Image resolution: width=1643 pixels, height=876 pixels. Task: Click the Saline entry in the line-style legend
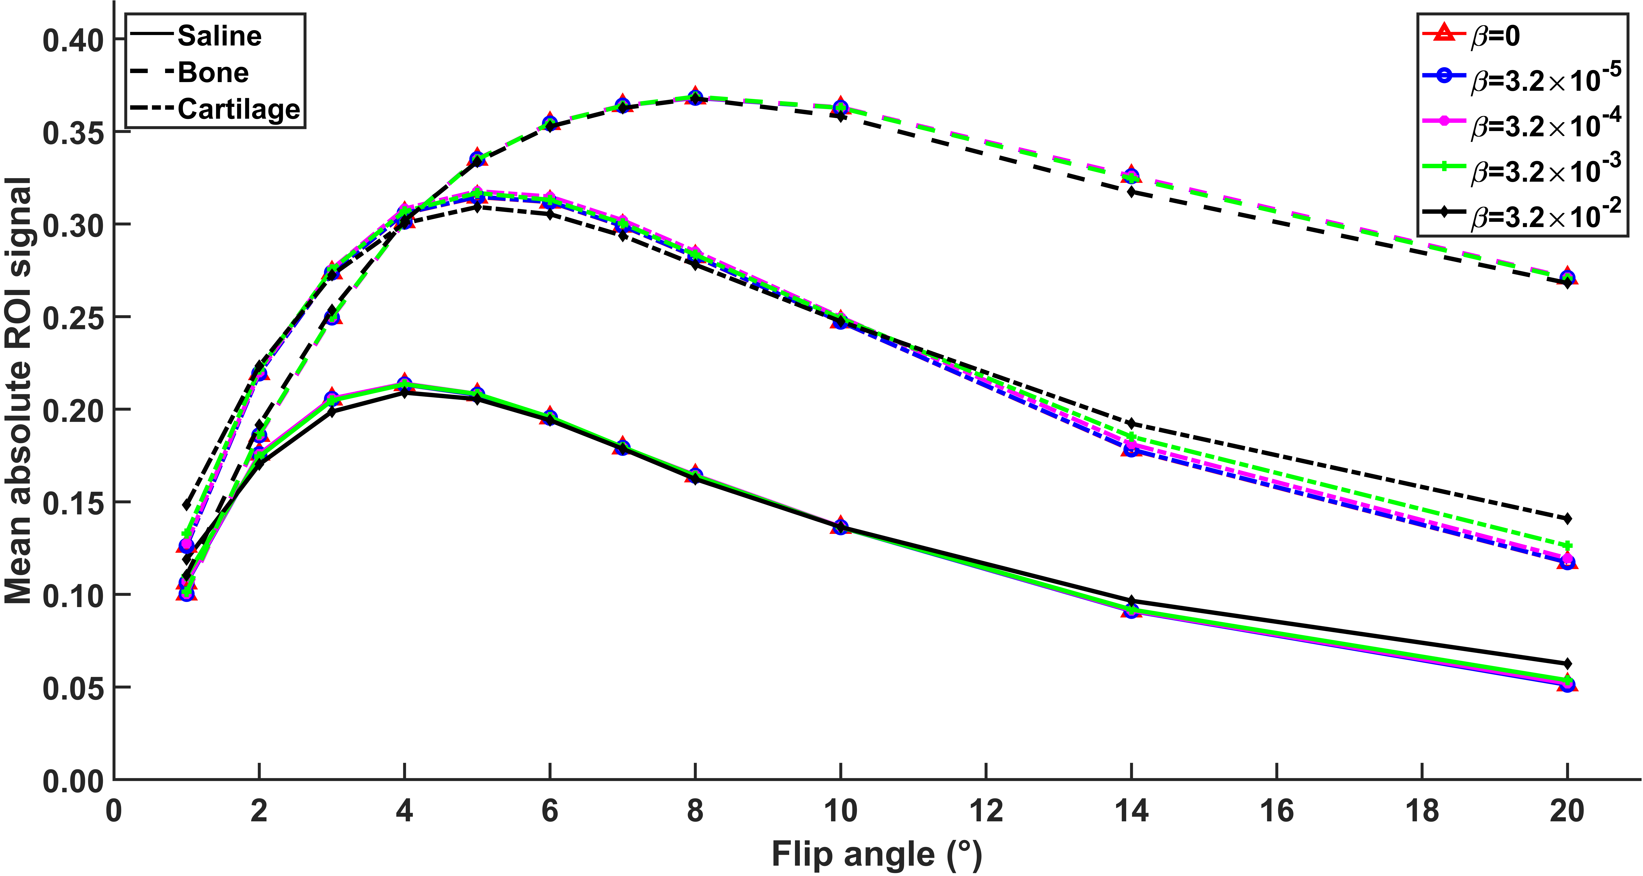click(x=219, y=36)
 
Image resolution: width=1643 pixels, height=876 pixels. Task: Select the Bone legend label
click(x=213, y=73)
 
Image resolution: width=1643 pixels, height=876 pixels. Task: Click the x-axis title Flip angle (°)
click(x=876, y=854)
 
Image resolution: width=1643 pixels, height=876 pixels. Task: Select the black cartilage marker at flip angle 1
click(x=186, y=505)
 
